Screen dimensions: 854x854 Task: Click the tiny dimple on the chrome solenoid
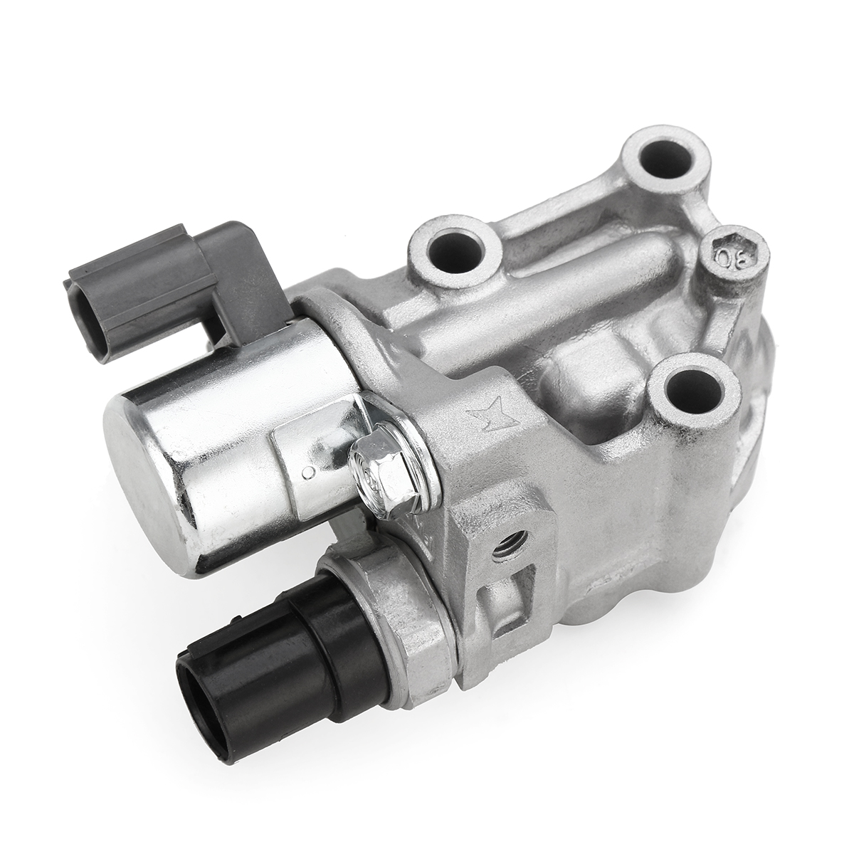point(307,470)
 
